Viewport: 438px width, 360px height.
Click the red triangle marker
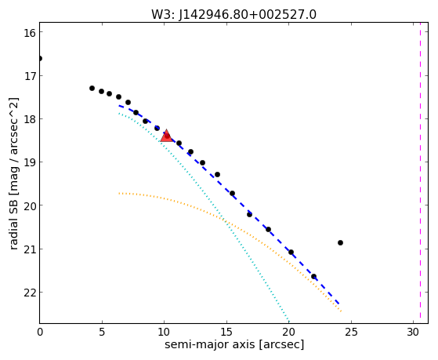tap(166, 136)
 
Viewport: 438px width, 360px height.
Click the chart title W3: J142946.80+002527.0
tap(233, 15)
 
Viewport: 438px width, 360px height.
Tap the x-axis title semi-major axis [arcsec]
tap(234, 344)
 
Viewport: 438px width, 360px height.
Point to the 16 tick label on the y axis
tap(30, 32)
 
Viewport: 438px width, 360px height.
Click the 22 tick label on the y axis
tap(30, 293)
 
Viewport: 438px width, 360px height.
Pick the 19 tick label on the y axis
tap(30, 162)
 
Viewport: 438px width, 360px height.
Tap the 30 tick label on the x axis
tap(413, 332)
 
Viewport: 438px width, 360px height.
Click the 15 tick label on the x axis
tap(226, 332)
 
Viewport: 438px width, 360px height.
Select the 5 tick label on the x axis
tap(102, 332)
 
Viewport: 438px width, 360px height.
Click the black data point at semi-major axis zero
tap(40, 59)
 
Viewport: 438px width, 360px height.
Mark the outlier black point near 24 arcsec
tap(340, 242)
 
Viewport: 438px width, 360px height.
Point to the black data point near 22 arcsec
tap(313, 276)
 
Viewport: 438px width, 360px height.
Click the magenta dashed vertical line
tap(421, 173)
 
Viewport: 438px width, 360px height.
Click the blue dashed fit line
tap(228, 191)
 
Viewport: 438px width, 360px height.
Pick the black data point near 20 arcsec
tap(291, 252)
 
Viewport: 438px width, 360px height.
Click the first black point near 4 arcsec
tap(92, 88)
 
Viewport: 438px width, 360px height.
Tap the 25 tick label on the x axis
tap(351, 332)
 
